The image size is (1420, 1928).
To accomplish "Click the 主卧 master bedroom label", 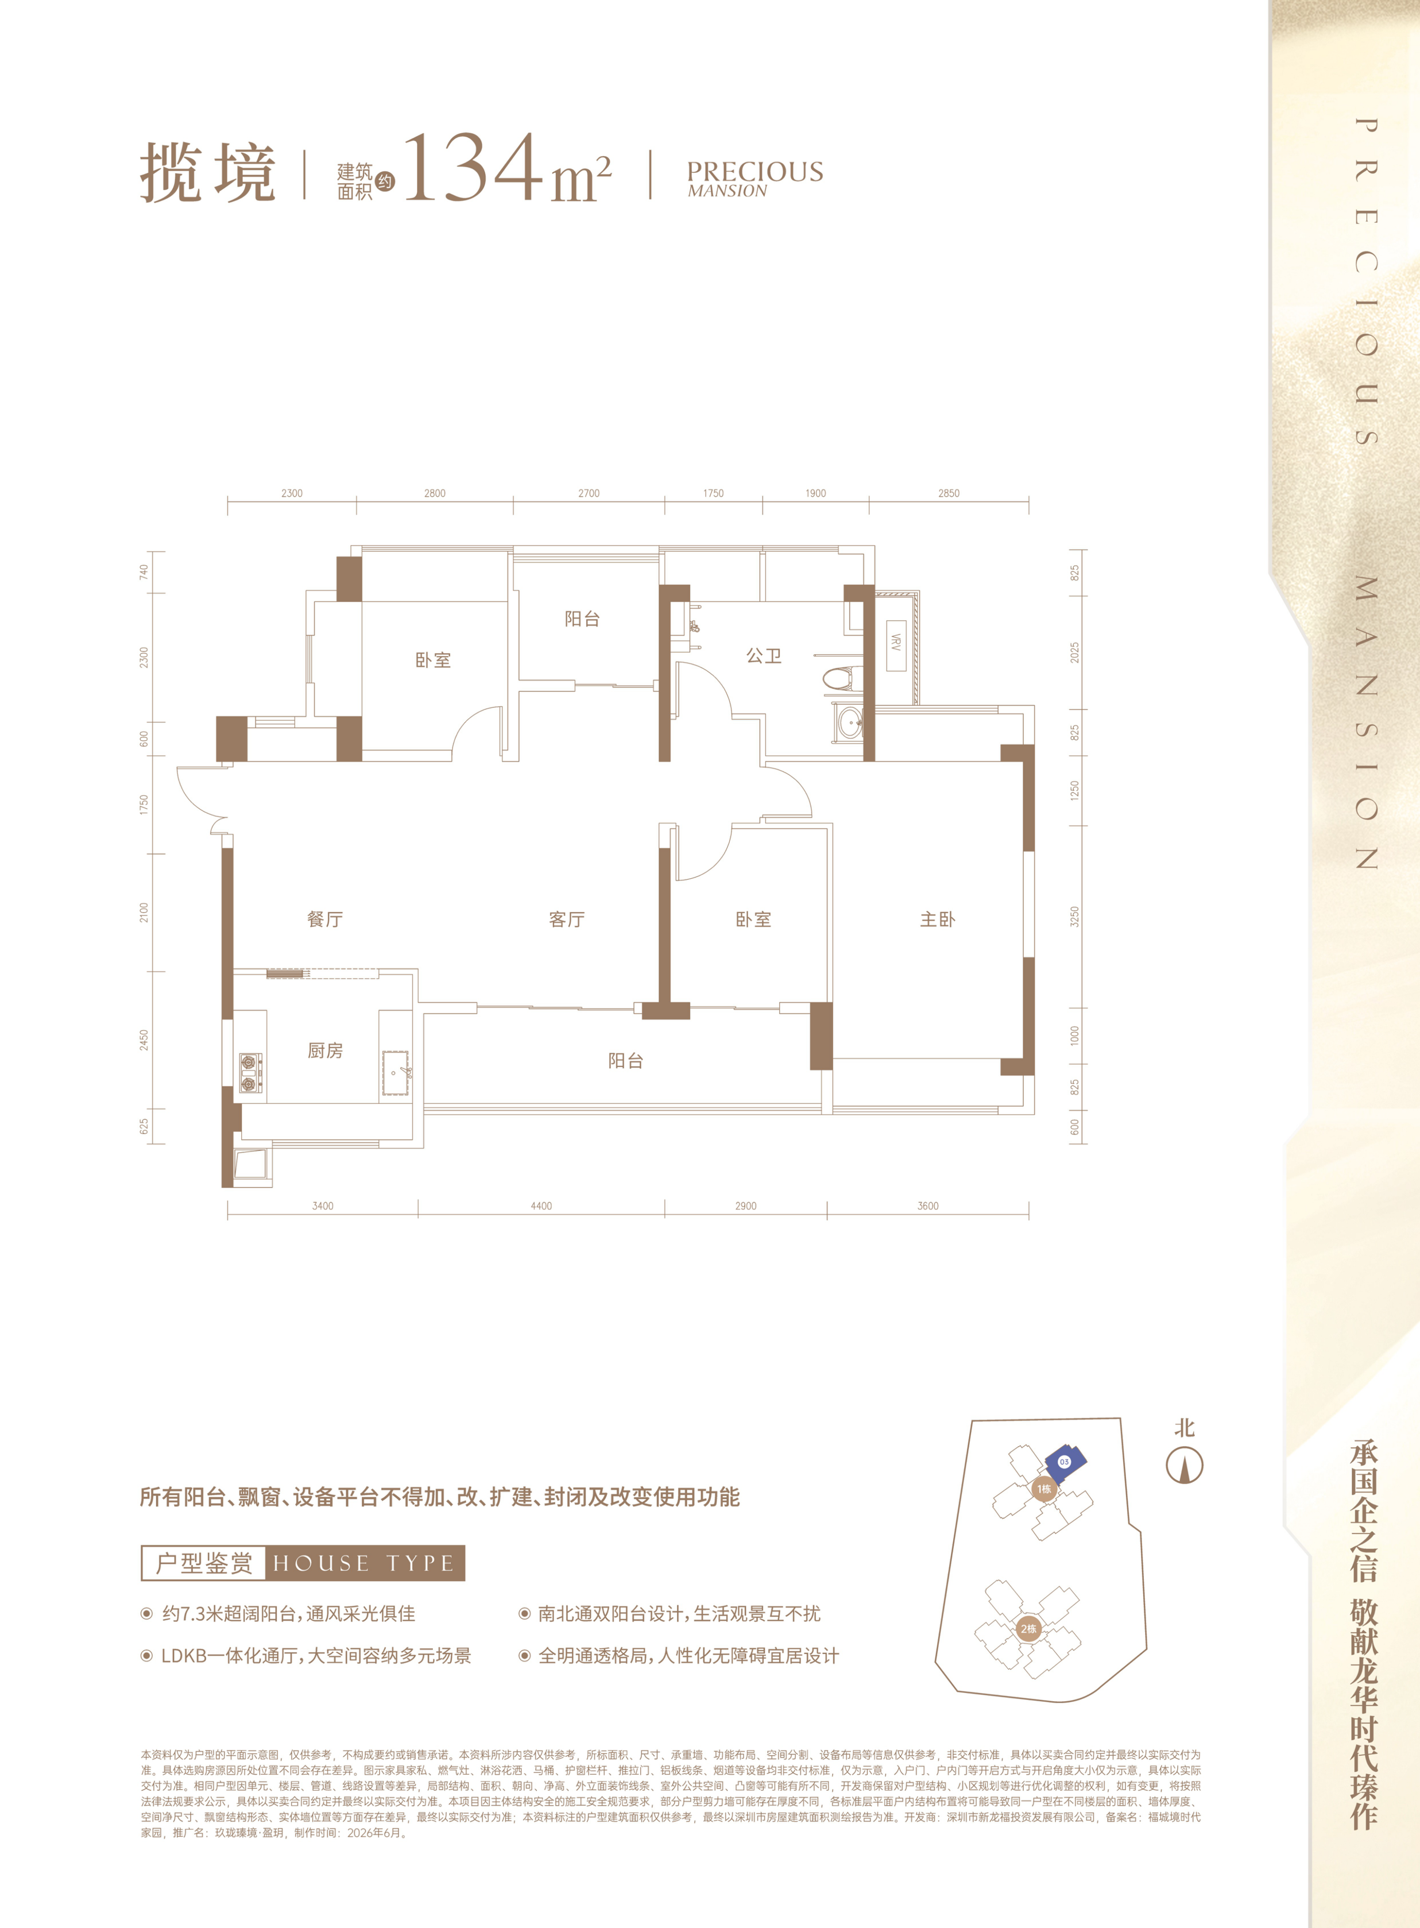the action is [x=937, y=919].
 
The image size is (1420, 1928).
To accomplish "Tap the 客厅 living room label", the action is [x=567, y=919].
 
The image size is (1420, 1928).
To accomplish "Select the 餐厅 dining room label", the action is [x=325, y=919].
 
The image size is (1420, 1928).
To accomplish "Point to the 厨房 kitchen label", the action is [x=325, y=1050].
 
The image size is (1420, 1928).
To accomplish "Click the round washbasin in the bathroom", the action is [x=850, y=722].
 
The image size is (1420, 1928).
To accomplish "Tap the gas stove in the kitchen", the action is [x=251, y=1073].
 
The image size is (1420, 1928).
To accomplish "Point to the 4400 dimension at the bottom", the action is [x=541, y=1206].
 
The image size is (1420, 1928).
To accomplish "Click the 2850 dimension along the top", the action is [x=949, y=493].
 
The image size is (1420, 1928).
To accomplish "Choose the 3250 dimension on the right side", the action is [x=1074, y=916].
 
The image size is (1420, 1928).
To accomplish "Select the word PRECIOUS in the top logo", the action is [x=755, y=171].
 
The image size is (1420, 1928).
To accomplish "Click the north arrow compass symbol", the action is [x=1185, y=1466].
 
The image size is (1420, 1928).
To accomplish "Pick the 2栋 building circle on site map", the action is [x=1028, y=1629].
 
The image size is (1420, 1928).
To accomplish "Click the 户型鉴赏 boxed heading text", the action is [x=204, y=1563].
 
